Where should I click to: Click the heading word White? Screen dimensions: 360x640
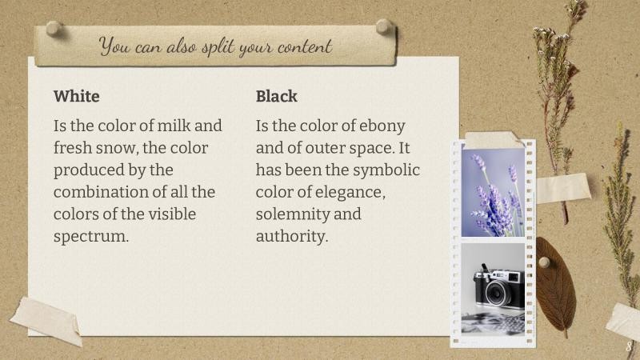tap(77, 97)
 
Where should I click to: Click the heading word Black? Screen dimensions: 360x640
tap(277, 97)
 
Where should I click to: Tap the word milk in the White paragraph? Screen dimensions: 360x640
tap(174, 126)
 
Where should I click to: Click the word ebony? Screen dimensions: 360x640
tap(382, 126)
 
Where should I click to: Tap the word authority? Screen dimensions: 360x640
tap(292, 237)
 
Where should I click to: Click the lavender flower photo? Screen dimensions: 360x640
tap(493, 193)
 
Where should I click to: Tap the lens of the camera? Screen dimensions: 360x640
tap(496, 294)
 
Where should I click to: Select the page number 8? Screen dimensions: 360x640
tap(629, 347)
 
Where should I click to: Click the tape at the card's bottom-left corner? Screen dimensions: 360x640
tap(46, 319)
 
